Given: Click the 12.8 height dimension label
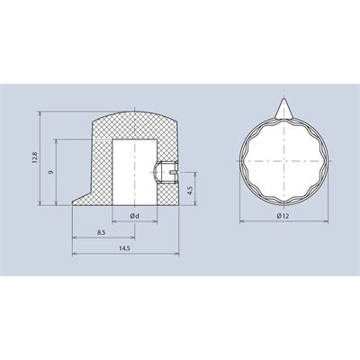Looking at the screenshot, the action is tap(35, 157).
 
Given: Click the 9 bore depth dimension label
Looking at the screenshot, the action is tap(51, 172).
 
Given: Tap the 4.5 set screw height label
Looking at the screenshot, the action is tap(190, 190).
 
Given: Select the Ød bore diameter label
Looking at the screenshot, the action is tap(134, 216).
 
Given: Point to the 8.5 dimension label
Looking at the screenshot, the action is tap(102, 232).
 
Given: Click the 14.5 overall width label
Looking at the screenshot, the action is tap(123, 248).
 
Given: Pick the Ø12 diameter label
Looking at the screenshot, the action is tap(283, 216).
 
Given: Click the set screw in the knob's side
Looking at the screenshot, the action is tap(166, 172).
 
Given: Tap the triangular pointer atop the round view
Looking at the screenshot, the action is tap(283, 108).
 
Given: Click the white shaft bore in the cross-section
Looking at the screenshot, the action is tap(135, 172).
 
